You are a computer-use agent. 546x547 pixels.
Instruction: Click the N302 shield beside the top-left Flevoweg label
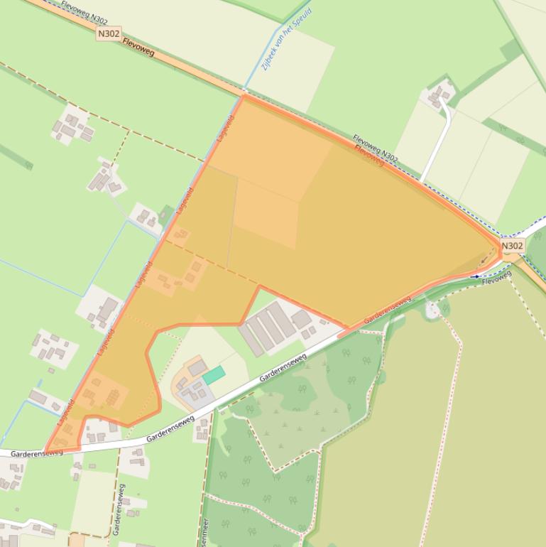point(109,33)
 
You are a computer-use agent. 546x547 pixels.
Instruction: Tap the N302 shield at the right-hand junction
point(512,246)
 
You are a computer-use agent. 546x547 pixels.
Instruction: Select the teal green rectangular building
point(214,375)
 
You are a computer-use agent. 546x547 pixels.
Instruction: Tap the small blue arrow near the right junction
point(475,276)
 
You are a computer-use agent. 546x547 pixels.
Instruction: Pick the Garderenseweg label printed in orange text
point(388,310)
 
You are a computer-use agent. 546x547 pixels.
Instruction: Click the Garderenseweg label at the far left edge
point(36,453)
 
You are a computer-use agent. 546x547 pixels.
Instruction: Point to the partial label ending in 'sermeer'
point(204,532)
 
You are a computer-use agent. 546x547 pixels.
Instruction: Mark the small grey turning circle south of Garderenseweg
point(430,310)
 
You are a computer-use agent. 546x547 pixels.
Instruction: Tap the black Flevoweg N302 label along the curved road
point(376,148)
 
